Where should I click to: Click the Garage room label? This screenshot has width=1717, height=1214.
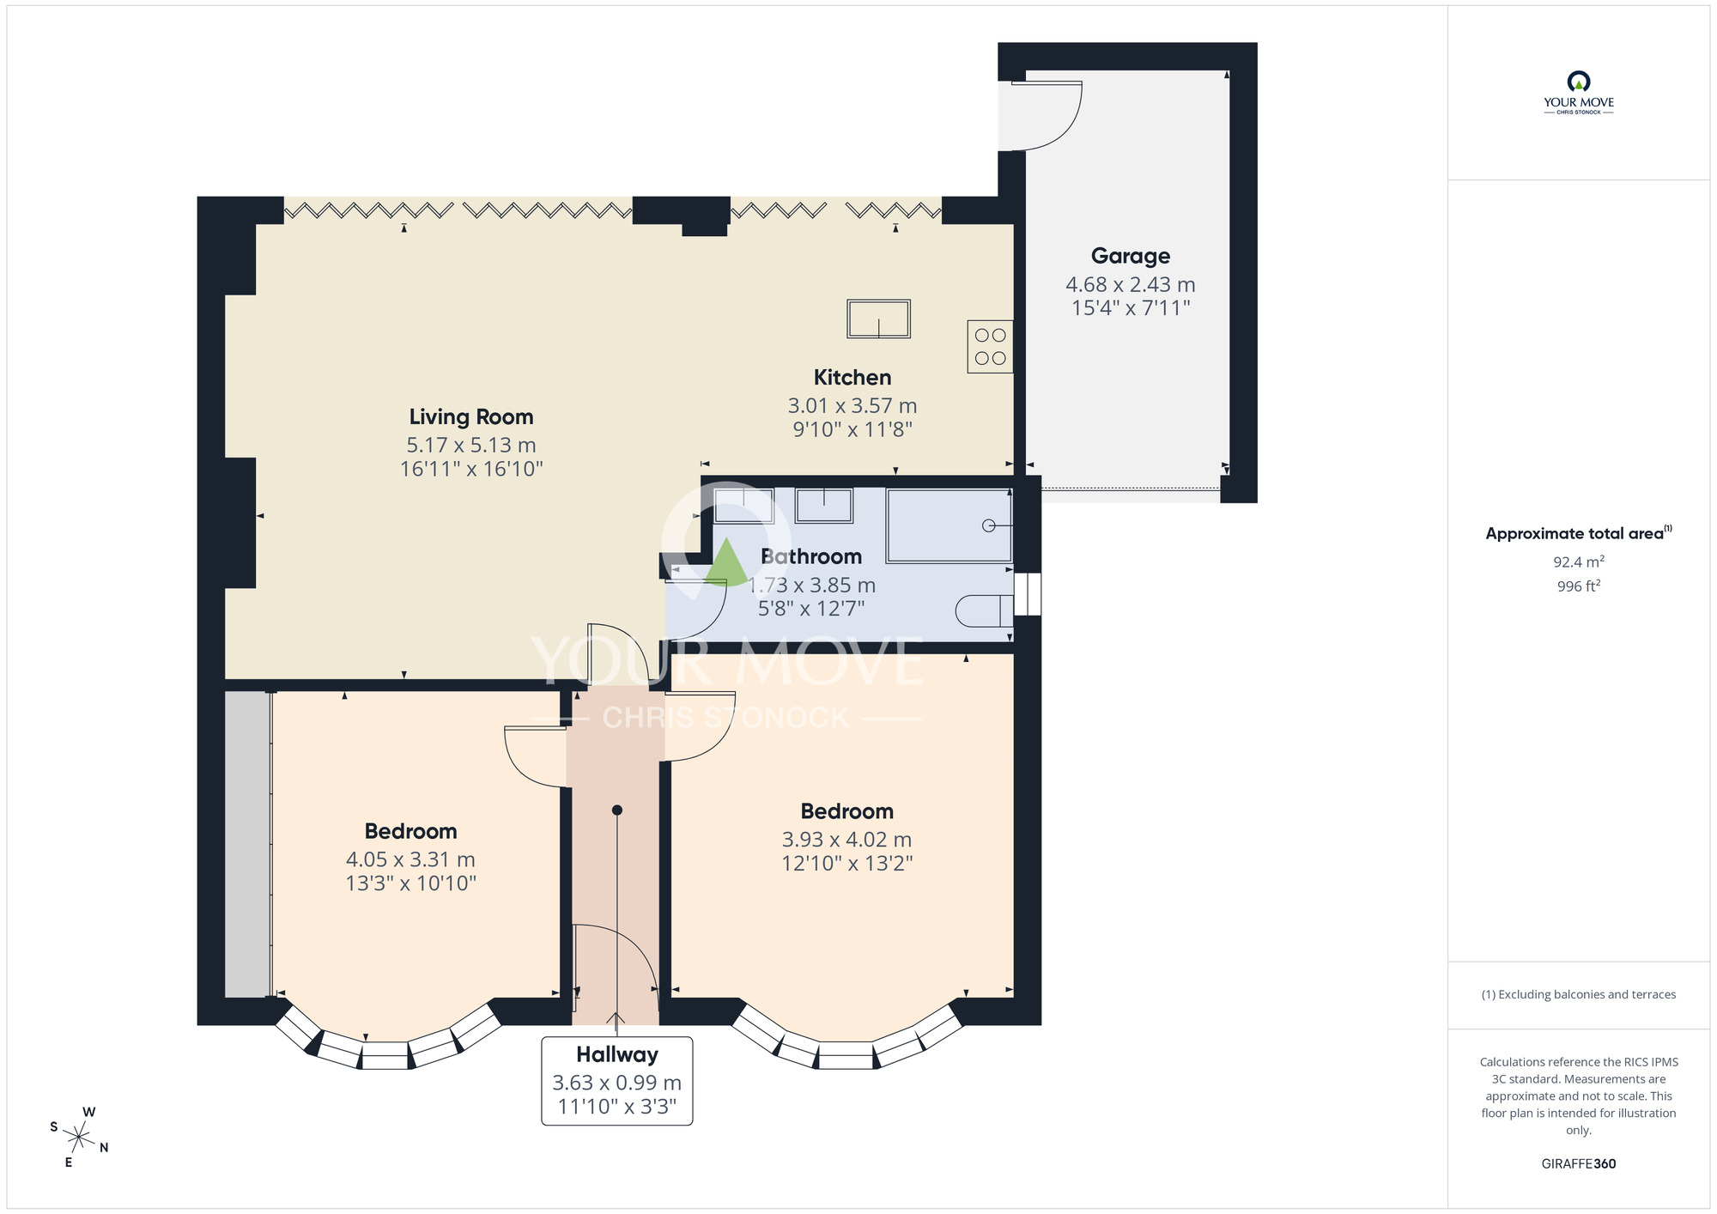(1130, 256)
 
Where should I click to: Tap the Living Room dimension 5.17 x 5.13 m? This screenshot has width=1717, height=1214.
(470, 445)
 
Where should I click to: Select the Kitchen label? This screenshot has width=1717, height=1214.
(852, 377)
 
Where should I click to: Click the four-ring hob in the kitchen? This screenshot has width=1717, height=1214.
(990, 346)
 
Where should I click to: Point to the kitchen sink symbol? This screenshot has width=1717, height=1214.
(878, 319)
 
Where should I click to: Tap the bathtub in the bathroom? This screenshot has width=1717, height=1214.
(948, 525)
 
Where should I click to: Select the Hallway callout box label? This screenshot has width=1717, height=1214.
(616, 1054)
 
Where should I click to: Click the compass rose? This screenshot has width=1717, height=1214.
(78, 1138)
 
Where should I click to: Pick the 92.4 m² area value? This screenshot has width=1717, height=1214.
(1578, 561)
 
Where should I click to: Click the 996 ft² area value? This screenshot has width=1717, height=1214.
(1578, 586)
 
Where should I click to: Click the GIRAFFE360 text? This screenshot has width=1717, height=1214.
(1578, 1163)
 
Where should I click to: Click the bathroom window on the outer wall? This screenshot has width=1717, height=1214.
(1027, 594)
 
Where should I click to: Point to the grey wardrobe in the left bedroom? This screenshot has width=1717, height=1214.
(247, 844)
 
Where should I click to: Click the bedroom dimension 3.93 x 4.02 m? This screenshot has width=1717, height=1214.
(846, 839)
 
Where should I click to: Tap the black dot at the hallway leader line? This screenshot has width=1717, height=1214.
(616, 810)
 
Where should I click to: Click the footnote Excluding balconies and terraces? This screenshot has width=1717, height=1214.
(1578, 994)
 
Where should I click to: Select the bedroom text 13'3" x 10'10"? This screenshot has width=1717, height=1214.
(410, 883)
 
